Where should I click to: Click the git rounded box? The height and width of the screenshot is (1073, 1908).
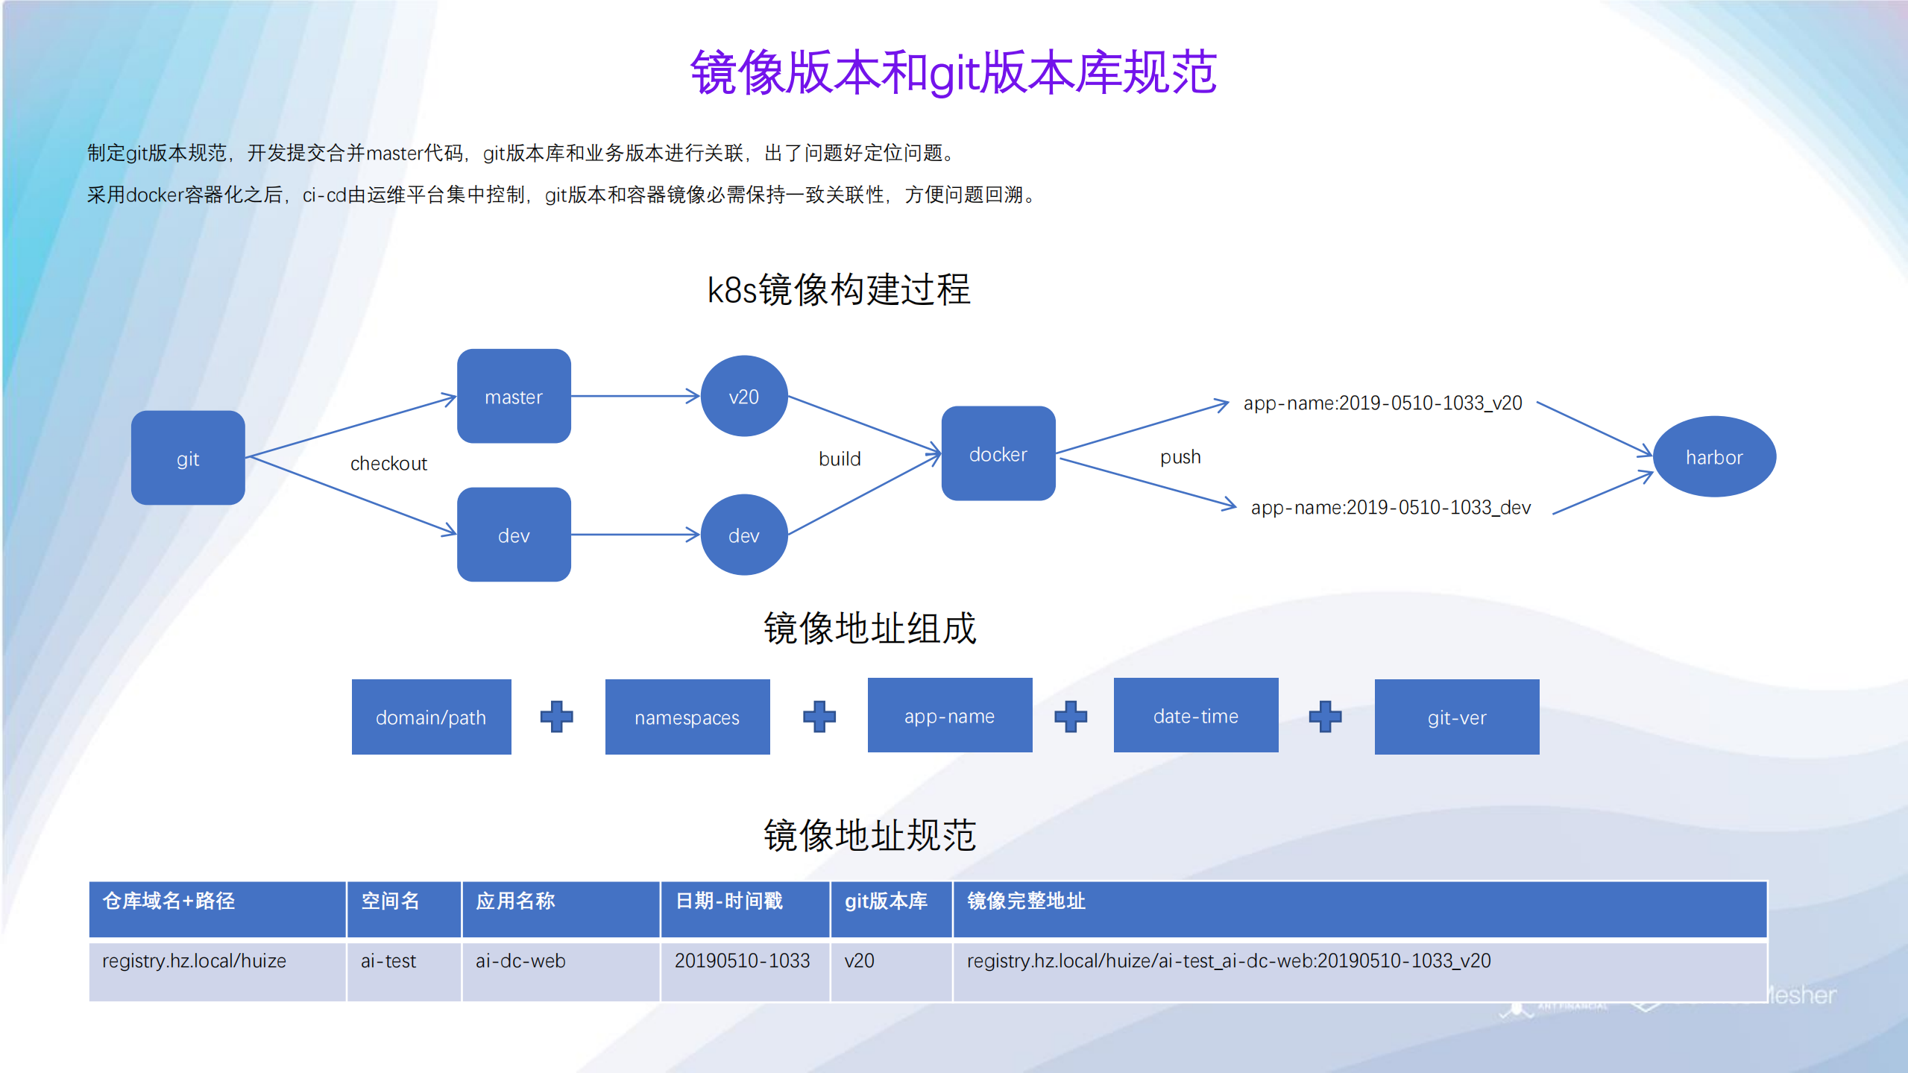click(x=188, y=458)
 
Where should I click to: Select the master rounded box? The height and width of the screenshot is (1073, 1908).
click(x=514, y=396)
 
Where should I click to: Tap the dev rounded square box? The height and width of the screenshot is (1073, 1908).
click(x=514, y=535)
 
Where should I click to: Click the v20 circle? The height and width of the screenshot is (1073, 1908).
click(x=743, y=396)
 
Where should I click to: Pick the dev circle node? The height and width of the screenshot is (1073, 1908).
click(x=743, y=535)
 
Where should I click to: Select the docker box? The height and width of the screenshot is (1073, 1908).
click(x=998, y=453)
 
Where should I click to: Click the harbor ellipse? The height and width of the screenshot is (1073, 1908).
click(x=1714, y=456)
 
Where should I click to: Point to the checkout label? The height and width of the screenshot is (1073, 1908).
click(x=388, y=463)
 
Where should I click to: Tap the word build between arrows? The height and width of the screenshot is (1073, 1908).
click(x=840, y=459)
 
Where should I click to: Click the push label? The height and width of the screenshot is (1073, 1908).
click(x=1180, y=456)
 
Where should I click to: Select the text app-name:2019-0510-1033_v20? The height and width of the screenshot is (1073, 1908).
click(x=1382, y=403)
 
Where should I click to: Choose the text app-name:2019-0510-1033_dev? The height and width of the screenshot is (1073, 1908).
click(x=1391, y=507)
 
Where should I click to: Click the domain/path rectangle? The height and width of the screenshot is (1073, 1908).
click(x=431, y=717)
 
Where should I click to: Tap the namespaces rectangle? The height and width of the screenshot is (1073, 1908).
click(x=687, y=717)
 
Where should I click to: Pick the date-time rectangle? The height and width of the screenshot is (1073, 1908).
click(x=1195, y=715)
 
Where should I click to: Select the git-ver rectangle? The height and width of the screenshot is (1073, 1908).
click(x=1456, y=717)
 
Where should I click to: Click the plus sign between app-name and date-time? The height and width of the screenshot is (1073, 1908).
click(x=1071, y=716)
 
